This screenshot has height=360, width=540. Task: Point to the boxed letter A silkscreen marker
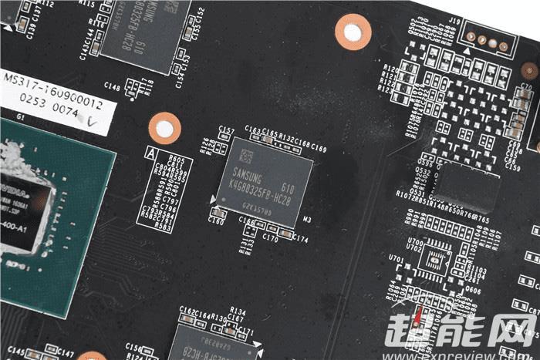[x=151, y=153]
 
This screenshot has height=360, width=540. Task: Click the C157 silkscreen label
[x=226, y=130]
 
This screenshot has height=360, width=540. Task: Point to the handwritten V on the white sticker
[x=93, y=121]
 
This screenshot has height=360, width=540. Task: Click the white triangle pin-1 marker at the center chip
[x=212, y=200]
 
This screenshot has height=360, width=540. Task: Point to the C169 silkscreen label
[x=319, y=148]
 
